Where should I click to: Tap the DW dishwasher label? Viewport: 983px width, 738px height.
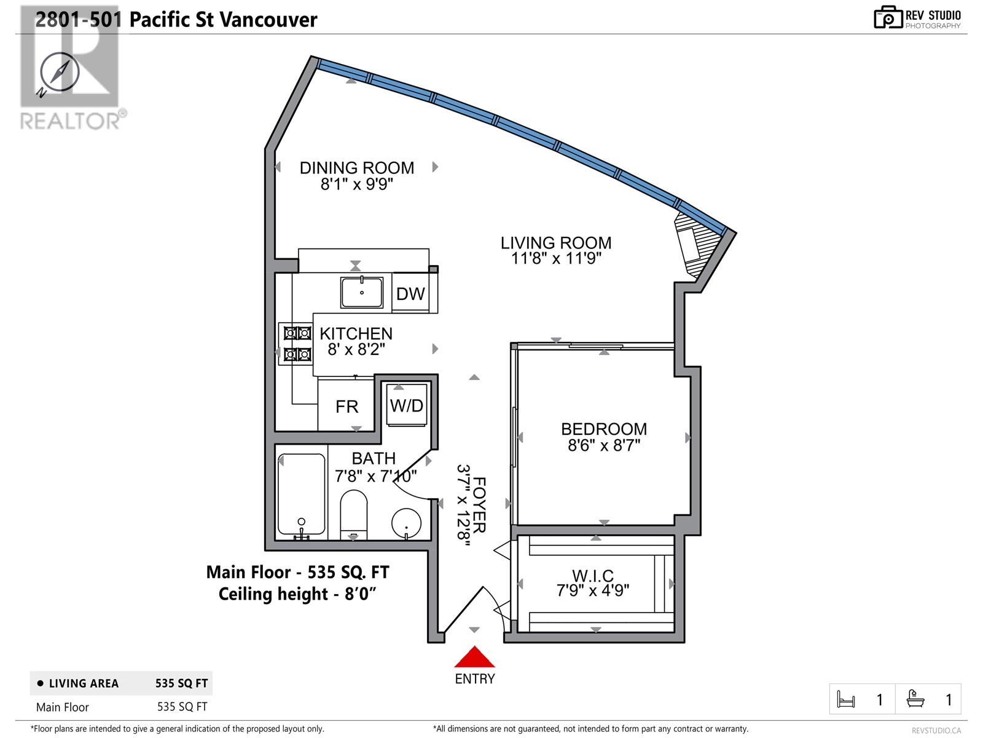pyautogui.click(x=410, y=294)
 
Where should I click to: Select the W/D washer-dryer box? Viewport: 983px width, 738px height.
pyautogui.click(x=407, y=405)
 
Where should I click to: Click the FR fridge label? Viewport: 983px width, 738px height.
pyautogui.click(x=347, y=407)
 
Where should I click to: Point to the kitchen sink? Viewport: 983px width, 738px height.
pyautogui.click(x=361, y=293)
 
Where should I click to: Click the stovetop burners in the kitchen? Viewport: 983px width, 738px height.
pyautogui.click(x=296, y=344)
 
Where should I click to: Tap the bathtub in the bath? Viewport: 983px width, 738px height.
pyautogui.click(x=302, y=494)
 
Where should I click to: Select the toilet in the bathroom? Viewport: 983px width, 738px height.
pyautogui.click(x=354, y=515)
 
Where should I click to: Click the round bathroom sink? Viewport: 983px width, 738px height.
pyautogui.click(x=406, y=523)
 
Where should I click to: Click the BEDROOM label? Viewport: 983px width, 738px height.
pyautogui.click(x=604, y=429)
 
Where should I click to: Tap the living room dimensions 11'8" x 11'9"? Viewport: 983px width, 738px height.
pyautogui.click(x=556, y=258)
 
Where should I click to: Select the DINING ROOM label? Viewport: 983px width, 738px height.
pyautogui.click(x=356, y=168)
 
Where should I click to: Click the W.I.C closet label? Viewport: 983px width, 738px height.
pyautogui.click(x=592, y=576)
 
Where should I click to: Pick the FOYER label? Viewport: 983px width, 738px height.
pyautogui.click(x=479, y=505)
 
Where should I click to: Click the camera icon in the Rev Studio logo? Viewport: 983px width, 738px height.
pyautogui.click(x=888, y=17)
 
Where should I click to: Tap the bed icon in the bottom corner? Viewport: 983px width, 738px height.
pyautogui.click(x=846, y=699)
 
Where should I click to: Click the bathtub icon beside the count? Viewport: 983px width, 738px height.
pyautogui.click(x=915, y=699)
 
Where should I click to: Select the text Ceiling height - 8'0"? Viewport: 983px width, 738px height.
pyautogui.click(x=297, y=594)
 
